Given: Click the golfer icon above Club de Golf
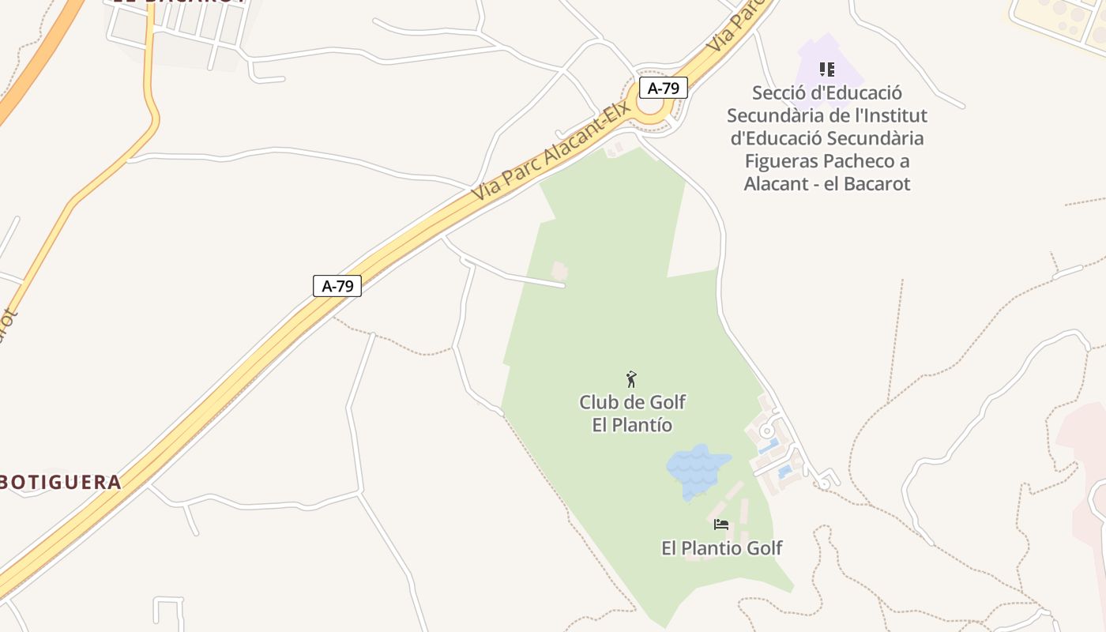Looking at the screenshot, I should click(631, 379).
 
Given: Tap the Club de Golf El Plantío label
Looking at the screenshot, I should click(632, 413).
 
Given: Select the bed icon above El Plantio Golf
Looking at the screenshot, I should click(720, 524).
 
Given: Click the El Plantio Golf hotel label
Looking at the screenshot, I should click(721, 547).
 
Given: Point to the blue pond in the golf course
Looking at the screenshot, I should click(697, 470).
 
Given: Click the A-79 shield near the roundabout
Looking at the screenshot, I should click(663, 88).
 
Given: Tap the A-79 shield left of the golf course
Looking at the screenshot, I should click(337, 285).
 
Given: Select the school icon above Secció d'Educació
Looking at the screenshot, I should click(826, 70).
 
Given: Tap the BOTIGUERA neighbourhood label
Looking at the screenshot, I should click(60, 482).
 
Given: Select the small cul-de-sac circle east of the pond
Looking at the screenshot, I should click(766, 431).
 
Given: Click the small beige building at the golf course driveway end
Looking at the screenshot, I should click(559, 271).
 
